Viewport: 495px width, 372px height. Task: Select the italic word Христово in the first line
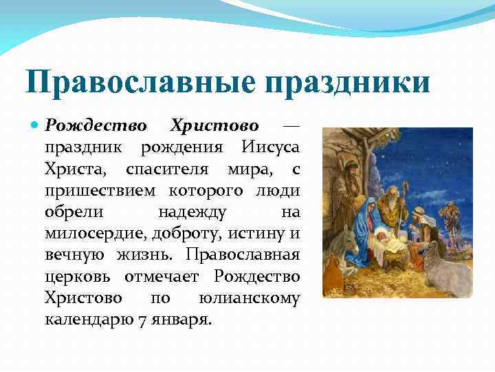click(214, 126)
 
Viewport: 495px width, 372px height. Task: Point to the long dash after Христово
click(291, 127)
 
